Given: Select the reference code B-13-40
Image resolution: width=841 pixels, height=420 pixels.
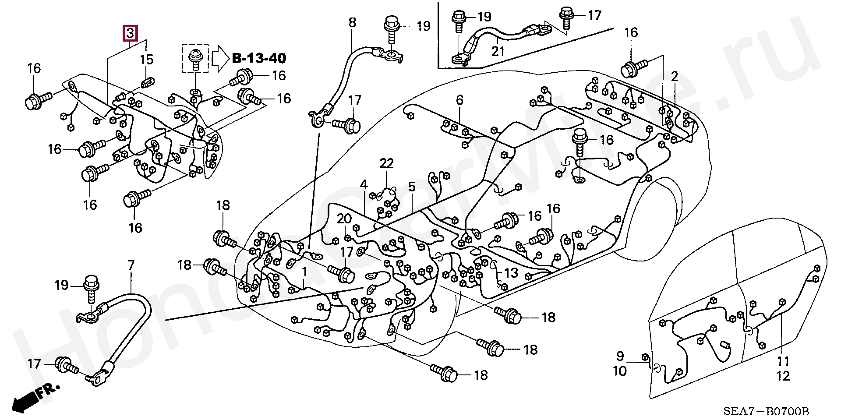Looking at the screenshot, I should [258, 58].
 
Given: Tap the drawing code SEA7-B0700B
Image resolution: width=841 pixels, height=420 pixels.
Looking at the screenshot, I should [766, 411].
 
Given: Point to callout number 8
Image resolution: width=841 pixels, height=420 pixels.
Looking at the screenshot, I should [352, 22].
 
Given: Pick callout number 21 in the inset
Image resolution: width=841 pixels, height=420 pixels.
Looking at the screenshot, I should [498, 51].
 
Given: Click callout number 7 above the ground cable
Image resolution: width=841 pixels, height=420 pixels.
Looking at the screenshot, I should [131, 265].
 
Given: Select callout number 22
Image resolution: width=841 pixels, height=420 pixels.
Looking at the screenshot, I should [386, 164].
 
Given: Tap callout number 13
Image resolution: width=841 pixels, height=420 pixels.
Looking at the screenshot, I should [511, 273].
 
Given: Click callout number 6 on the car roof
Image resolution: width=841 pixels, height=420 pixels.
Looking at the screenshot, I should [459, 100].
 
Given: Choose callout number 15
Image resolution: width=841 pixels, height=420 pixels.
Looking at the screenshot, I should [147, 59].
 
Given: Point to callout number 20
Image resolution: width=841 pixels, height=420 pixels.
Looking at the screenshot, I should [344, 219].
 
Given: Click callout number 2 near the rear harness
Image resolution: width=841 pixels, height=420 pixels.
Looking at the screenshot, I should [675, 77].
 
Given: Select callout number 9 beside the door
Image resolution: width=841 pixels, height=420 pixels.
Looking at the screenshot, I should [620, 356].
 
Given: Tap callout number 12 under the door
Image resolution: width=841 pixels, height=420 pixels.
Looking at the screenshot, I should [783, 376].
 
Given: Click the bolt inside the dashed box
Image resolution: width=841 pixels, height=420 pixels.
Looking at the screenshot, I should [195, 59].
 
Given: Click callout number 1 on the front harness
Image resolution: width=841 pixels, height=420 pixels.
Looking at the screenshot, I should [304, 273].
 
